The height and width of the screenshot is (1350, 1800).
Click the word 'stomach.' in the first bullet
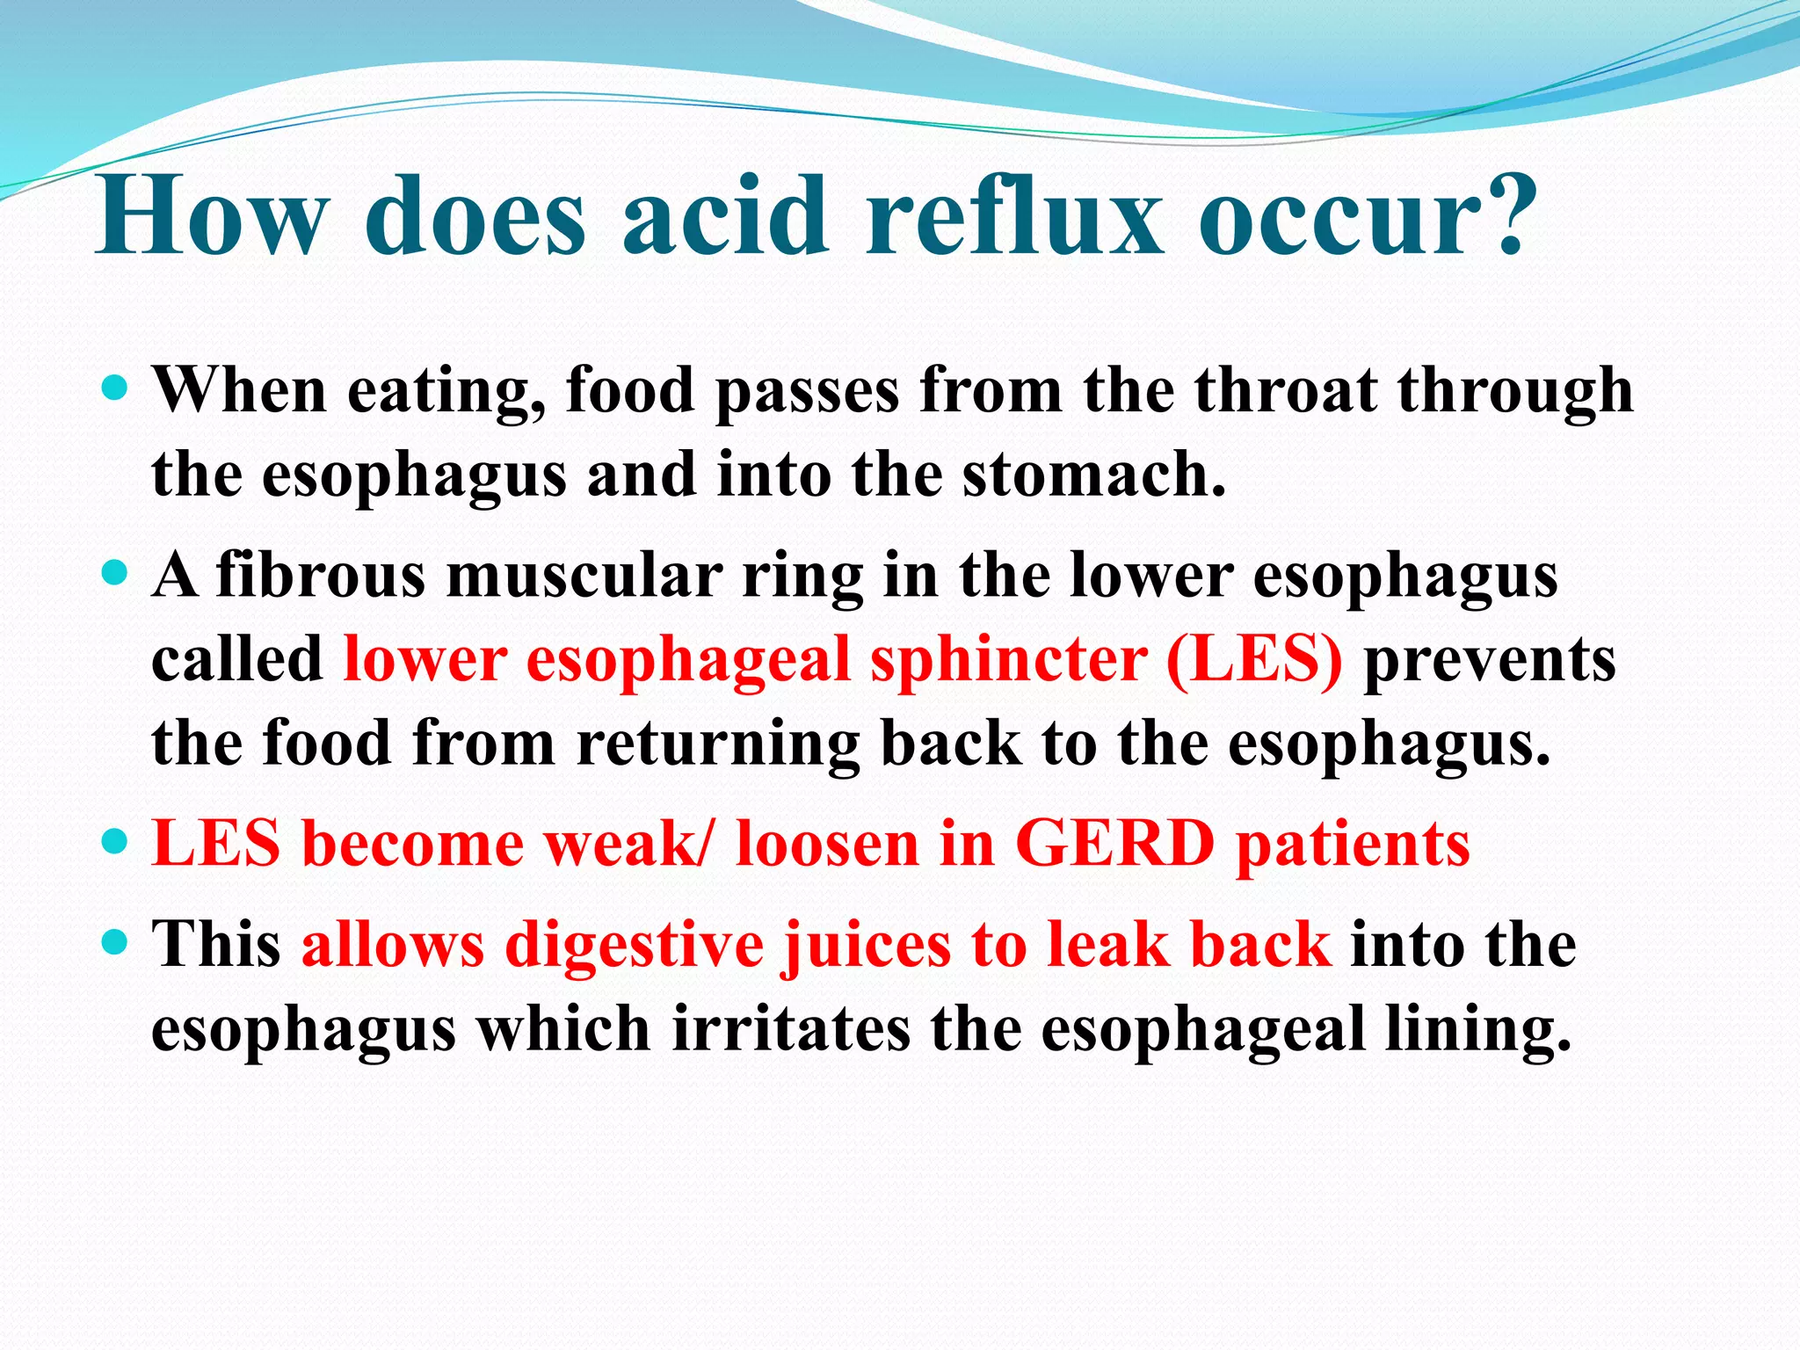[1093, 475]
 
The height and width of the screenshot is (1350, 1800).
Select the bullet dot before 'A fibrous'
[115, 575]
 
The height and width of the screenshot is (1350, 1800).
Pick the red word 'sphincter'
[1008, 661]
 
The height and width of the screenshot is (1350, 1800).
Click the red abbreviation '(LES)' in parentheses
[1254, 661]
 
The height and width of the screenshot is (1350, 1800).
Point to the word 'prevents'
[1489, 661]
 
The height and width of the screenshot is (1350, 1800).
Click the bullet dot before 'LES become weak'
[115, 842]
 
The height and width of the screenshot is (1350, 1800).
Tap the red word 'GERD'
[1114, 844]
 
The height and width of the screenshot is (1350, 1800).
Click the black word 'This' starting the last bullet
[216, 945]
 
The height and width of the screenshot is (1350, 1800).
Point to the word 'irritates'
[790, 1029]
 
